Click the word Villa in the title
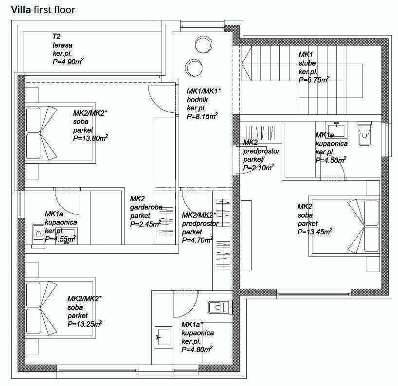(21, 10)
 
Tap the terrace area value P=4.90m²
(68, 62)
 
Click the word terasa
(62, 45)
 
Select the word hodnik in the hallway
(197, 100)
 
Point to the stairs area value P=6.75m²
(314, 80)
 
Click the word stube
(307, 63)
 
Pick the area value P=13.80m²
(90, 138)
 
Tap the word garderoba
(146, 207)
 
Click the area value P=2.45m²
(145, 224)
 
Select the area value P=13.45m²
(315, 231)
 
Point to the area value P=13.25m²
(85, 324)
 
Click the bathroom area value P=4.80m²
(197, 349)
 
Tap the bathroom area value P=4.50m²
(331, 160)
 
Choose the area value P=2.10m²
(258, 167)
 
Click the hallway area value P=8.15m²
(202, 116)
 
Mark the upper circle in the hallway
(203, 44)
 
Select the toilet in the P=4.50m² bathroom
(364, 135)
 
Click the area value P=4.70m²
(197, 240)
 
